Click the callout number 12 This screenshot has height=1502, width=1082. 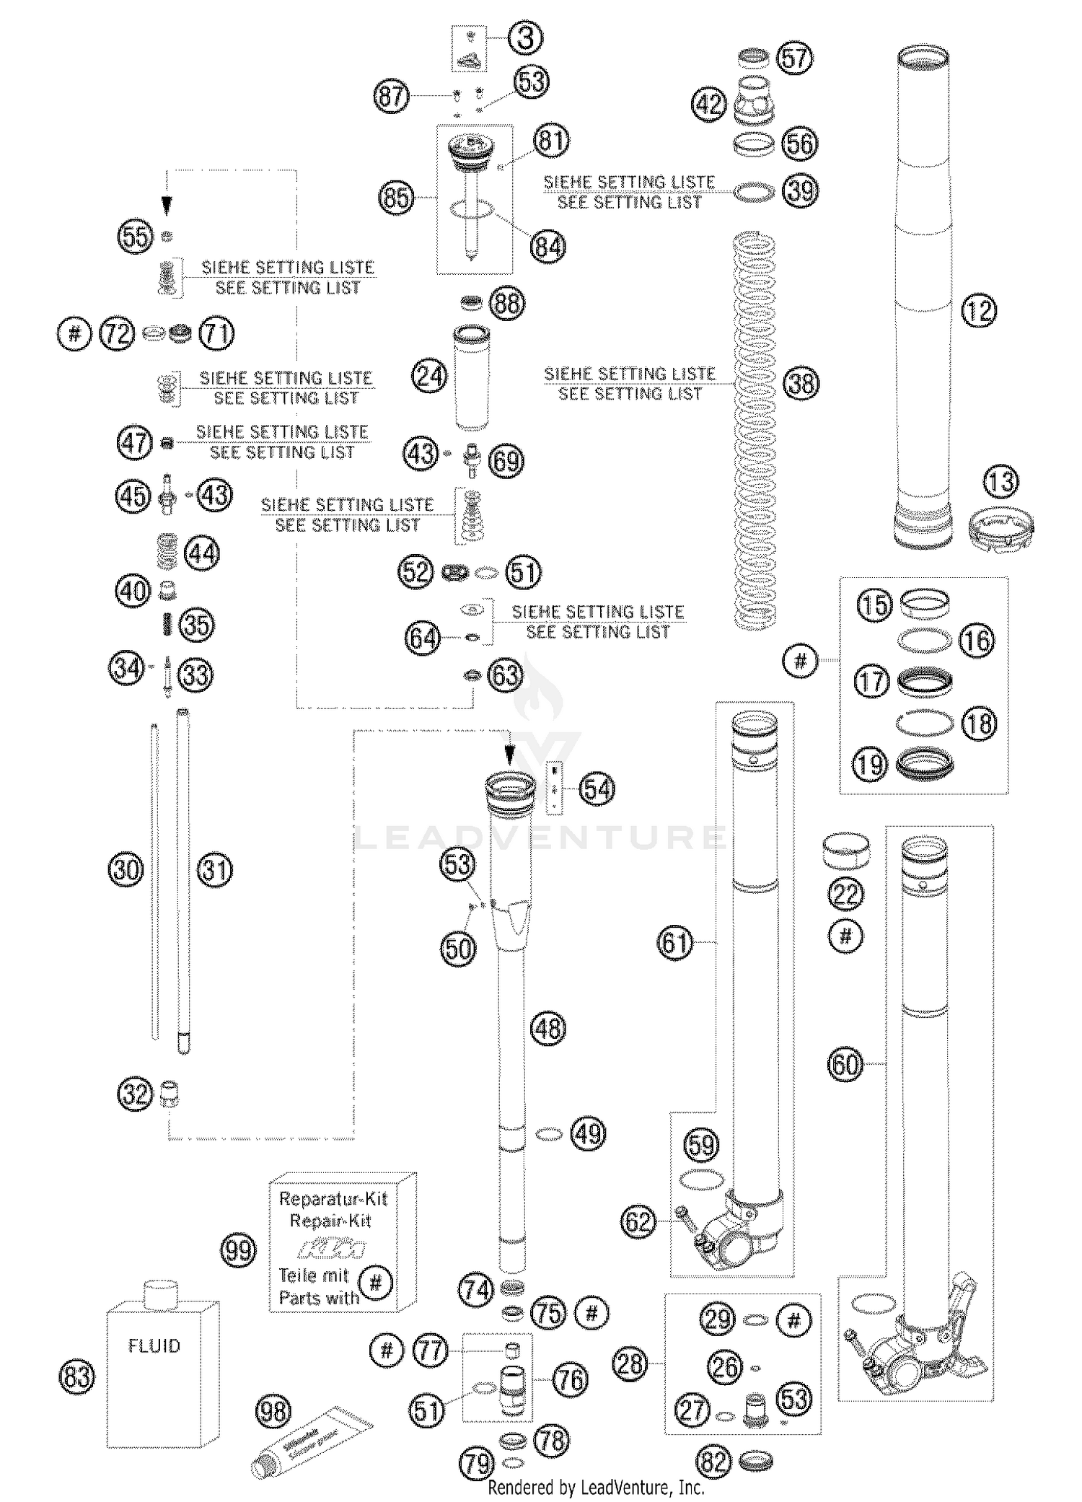[x=979, y=311]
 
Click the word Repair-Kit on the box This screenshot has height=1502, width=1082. [x=330, y=1221]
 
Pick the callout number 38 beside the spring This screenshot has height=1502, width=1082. [x=801, y=383]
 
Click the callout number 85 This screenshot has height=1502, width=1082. [x=397, y=197]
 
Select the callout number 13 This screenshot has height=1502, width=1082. [x=1000, y=482]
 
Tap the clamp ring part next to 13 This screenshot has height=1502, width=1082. [x=1002, y=530]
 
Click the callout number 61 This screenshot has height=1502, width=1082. [x=675, y=942]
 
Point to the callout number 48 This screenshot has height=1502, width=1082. [x=548, y=1028]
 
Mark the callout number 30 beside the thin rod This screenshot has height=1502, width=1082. [x=126, y=869]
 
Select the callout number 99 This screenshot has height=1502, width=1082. [x=237, y=1249]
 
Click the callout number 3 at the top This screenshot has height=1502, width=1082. [x=525, y=38]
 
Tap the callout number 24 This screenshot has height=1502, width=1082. [x=430, y=376]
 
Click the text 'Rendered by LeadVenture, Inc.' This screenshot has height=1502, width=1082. [x=596, y=1487]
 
